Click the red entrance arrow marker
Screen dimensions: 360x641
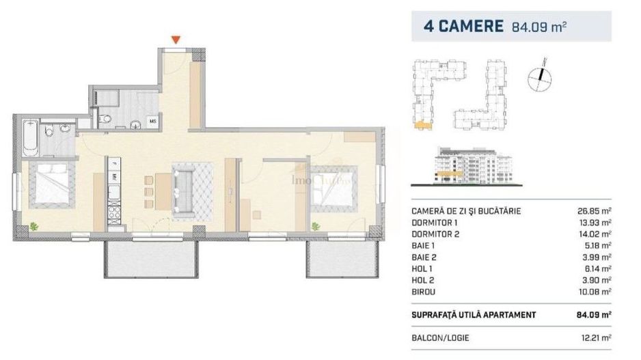pyautogui.click(x=176, y=40)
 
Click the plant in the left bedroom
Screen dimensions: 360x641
pyautogui.click(x=32, y=225)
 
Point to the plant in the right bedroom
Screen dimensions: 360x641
pyautogui.click(x=316, y=225)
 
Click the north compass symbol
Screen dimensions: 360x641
pyautogui.click(x=539, y=77)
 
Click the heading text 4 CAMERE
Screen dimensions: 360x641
pyautogui.click(x=463, y=27)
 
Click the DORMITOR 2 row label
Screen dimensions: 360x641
pyautogui.click(x=435, y=233)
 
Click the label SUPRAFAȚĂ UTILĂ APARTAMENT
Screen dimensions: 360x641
pyautogui.click(x=474, y=314)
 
